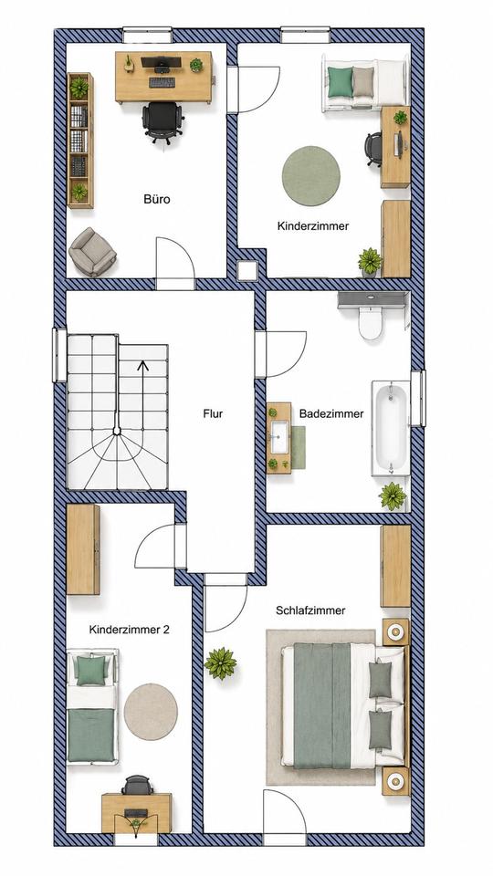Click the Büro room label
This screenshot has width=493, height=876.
[x=156, y=199]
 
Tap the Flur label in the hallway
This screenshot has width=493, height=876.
[x=213, y=414]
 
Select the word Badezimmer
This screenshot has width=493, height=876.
[x=331, y=414]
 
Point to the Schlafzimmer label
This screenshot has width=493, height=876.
[x=310, y=610]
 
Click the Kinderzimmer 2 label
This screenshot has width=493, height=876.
[x=129, y=630]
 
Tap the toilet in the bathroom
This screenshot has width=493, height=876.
[x=370, y=322]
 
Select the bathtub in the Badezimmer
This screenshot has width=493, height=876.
[x=390, y=428]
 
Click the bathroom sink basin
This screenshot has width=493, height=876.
[x=279, y=437]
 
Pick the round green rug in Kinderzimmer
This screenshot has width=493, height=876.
[x=310, y=176]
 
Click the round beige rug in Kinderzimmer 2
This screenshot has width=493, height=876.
[x=151, y=712]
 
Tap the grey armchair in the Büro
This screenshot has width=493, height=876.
[x=92, y=252]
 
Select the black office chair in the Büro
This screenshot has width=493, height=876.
[x=163, y=122]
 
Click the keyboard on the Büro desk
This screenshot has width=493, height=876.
[x=163, y=83]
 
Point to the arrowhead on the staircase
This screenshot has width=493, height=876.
[x=142, y=367]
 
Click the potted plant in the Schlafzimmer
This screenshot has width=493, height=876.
[x=220, y=663]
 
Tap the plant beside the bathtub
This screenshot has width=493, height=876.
[x=393, y=496]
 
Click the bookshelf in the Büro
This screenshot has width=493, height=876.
[x=80, y=141]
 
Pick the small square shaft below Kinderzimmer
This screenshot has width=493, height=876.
[x=246, y=270]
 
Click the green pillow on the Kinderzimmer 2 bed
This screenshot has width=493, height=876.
[x=90, y=671]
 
